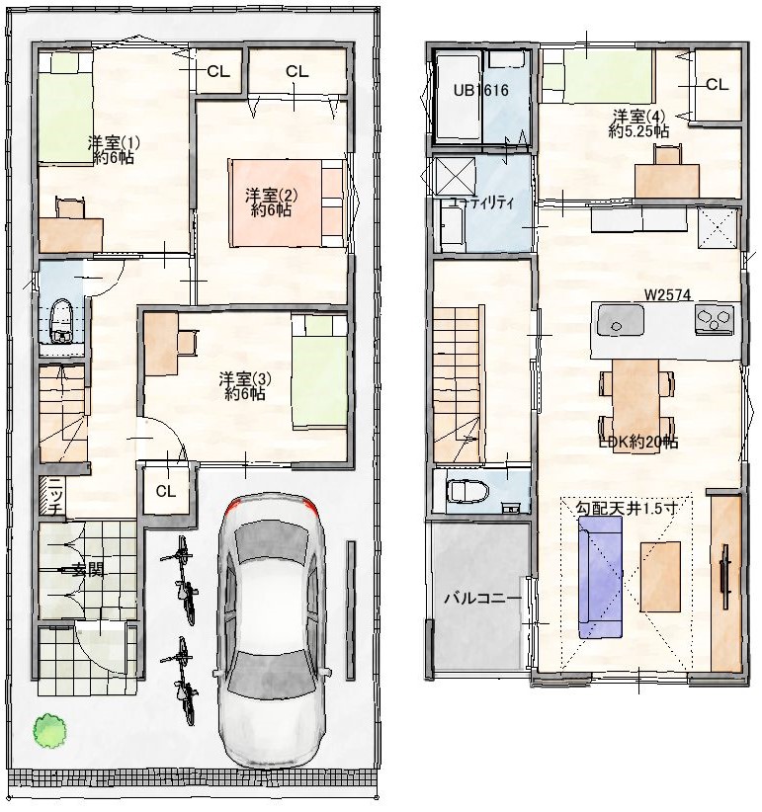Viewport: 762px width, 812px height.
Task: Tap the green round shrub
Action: click(49, 730)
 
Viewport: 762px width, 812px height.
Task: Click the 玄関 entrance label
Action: click(90, 571)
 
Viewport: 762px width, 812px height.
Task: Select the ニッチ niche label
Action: click(56, 496)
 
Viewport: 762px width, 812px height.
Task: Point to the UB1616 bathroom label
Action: click(481, 91)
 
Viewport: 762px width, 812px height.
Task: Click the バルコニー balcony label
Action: click(482, 599)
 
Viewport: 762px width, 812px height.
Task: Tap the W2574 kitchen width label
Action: click(668, 294)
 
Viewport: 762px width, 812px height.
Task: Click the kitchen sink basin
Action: click(621, 319)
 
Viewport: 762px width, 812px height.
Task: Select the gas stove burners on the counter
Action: click(715, 318)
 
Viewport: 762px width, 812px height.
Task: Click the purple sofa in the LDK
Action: click(600, 576)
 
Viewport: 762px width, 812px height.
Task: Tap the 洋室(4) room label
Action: click(638, 123)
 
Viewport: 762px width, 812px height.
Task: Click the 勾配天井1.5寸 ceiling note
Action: click(627, 508)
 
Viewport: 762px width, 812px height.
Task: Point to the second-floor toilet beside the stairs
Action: click(467, 490)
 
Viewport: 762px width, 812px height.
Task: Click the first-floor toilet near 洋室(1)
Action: click(61, 321)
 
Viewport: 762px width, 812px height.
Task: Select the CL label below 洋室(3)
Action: click(166, 491)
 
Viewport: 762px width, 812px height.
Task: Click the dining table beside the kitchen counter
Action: click(636, 405)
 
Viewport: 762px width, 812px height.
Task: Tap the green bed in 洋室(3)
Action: click(319, 371)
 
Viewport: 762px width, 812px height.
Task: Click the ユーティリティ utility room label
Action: click(481, 202)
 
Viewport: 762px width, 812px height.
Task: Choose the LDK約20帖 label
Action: click(638, 442)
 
